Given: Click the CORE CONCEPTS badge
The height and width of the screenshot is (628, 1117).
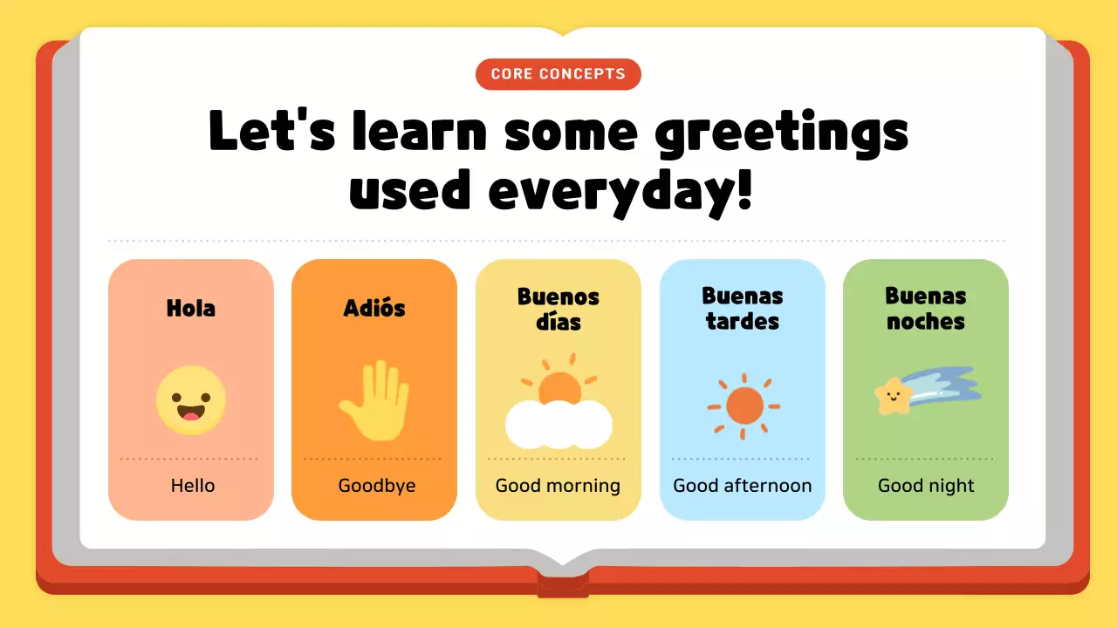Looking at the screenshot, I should [558, 74].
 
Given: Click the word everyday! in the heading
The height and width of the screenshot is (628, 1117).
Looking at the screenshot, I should [620, 191].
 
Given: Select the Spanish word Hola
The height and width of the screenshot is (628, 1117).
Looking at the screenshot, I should [190, 308].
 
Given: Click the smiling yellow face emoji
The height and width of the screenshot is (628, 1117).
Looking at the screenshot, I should [191, 400].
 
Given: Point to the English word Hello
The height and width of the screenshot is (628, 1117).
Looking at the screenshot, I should [192, 486].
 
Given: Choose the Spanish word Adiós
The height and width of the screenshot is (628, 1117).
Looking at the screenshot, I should [374, 308].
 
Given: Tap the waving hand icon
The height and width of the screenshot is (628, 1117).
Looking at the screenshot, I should [375, 402].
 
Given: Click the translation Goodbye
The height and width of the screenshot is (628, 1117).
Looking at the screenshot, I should [376, 486].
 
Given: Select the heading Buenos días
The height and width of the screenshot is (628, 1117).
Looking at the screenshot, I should [558, 309].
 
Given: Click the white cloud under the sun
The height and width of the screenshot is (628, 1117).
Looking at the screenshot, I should [558, 426].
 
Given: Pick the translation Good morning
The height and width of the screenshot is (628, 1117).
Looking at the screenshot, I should [558, 486].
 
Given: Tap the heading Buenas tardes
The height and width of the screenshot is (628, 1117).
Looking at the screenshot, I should [743, 309].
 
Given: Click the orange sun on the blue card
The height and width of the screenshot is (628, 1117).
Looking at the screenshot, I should [744, 405].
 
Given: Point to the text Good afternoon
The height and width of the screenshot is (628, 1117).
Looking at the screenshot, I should [743, 486].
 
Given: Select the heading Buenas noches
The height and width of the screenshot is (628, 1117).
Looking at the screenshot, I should [926, 309].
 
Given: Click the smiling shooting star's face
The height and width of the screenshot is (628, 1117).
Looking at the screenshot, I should [891, 398].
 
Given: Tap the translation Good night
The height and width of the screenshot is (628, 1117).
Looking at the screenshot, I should [926, 486].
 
